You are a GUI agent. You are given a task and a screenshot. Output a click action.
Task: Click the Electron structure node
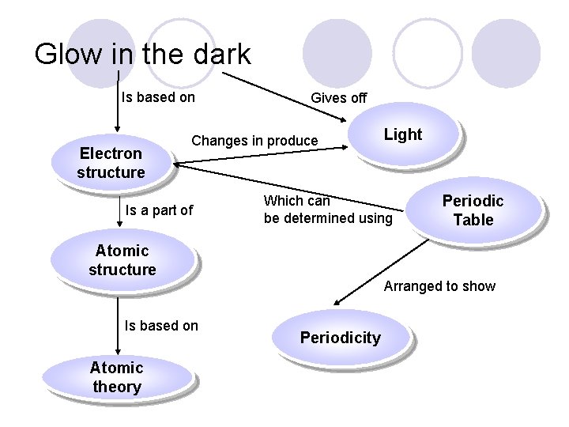click(x=111, y=162)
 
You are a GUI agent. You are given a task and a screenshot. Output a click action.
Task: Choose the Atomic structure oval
click(x=122, y=260)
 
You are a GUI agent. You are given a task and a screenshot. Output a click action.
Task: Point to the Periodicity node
click(x=341, y=338)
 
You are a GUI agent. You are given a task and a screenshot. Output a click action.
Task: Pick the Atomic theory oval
click(x=116, y=376)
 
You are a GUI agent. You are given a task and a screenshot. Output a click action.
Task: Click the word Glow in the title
click(x=68, y=54)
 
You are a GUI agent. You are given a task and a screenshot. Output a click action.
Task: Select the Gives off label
click(x=338, y=98)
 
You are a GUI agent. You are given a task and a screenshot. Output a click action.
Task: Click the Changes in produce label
click(x=254, y=141)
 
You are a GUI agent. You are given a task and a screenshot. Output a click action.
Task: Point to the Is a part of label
click(x=159, y=210)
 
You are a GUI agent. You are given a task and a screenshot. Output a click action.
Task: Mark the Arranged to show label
click(x=439, y=286)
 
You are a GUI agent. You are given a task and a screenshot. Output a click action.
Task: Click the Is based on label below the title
click(x=158, y=97)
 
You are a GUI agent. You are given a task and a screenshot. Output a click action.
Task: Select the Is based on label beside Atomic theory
click(x=161, y=325)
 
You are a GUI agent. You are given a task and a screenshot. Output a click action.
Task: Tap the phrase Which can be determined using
click(x=327, y=210)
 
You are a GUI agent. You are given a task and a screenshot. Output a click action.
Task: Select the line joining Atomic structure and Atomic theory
click(x=118, y=324)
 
